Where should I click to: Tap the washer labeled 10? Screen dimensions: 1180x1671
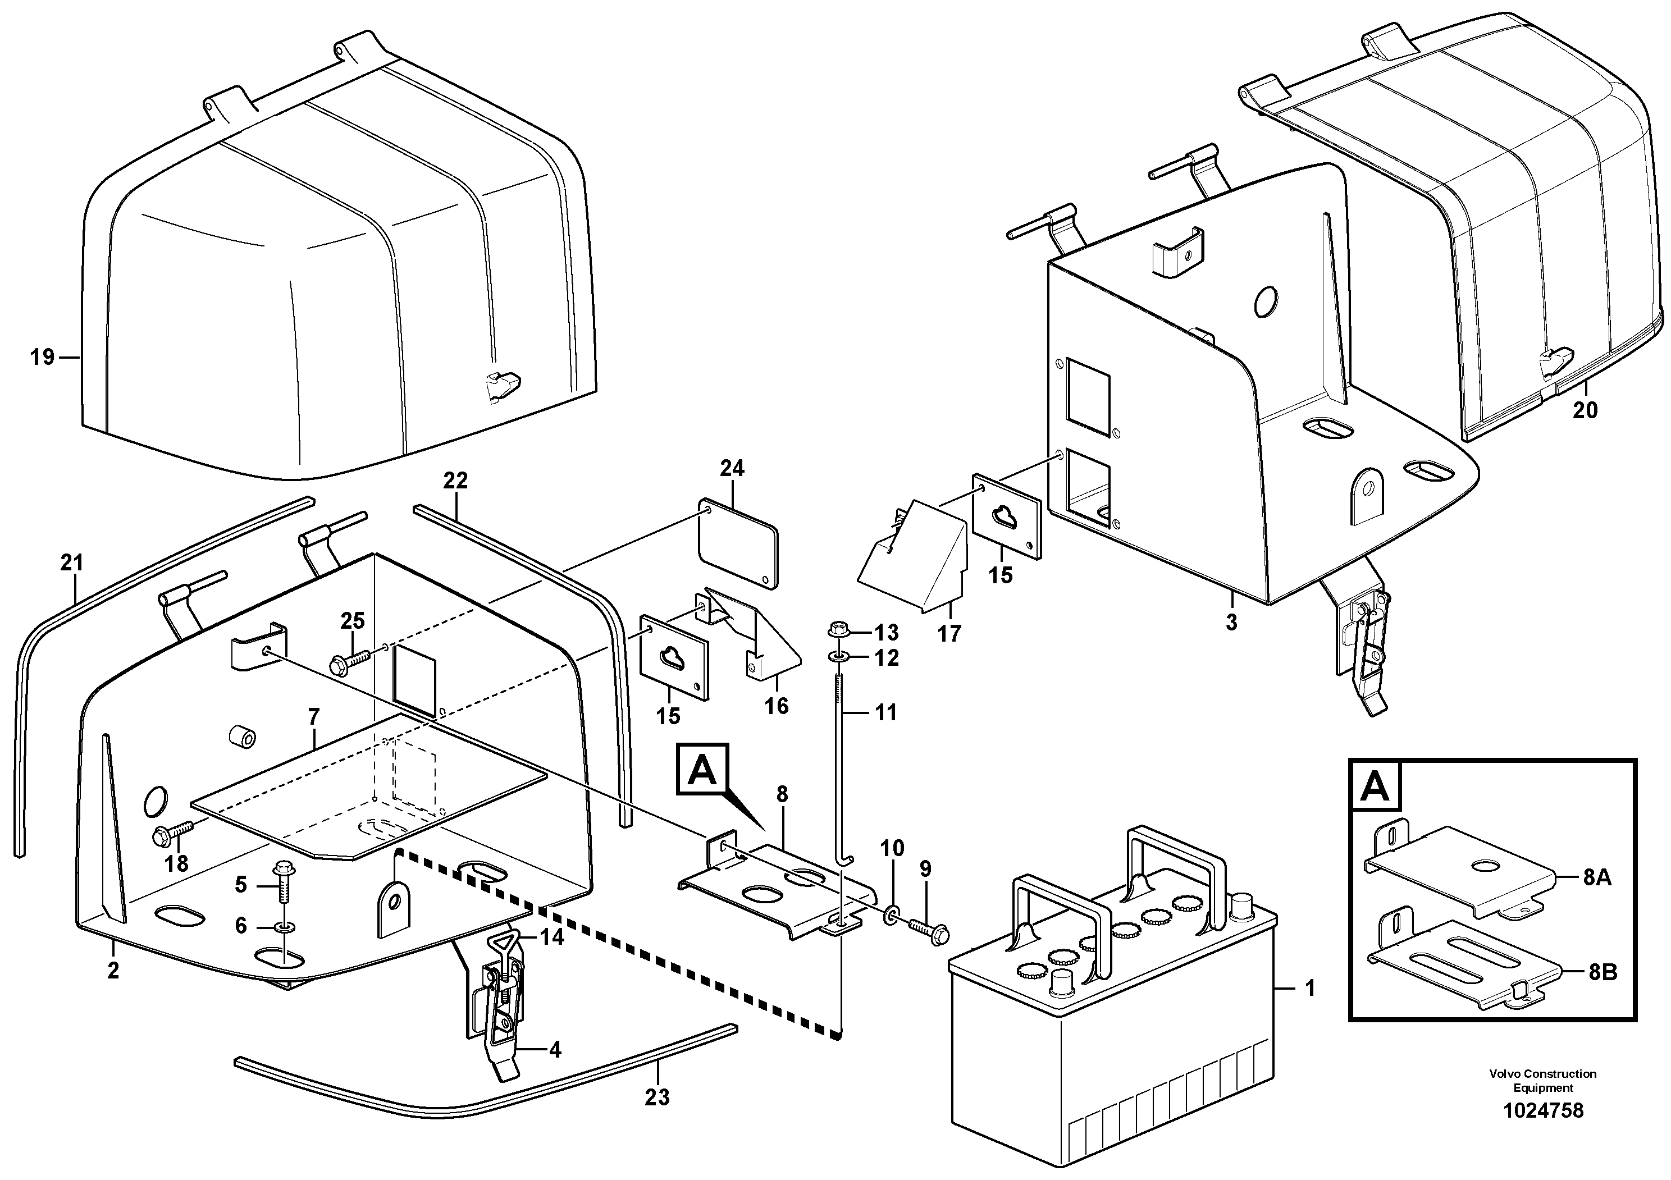[891, 914]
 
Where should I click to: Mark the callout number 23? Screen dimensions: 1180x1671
[656, 1096]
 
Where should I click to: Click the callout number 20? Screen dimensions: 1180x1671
[1585, 410]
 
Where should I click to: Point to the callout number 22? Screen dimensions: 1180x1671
[455, 481]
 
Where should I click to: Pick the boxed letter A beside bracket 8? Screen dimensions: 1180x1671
[702, 769]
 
